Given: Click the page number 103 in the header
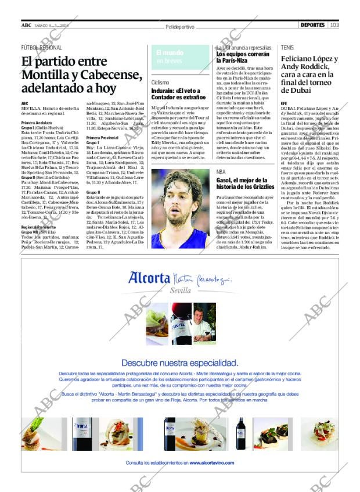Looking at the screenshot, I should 334,25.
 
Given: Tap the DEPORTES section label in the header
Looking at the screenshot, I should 313,25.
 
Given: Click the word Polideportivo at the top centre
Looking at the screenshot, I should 179,27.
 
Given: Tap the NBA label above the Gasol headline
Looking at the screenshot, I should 221,173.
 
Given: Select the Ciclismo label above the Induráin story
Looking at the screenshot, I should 160,83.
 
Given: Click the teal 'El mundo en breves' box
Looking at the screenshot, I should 181,57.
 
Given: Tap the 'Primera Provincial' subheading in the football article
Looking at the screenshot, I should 102,137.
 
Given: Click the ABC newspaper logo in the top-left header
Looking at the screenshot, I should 27,25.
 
